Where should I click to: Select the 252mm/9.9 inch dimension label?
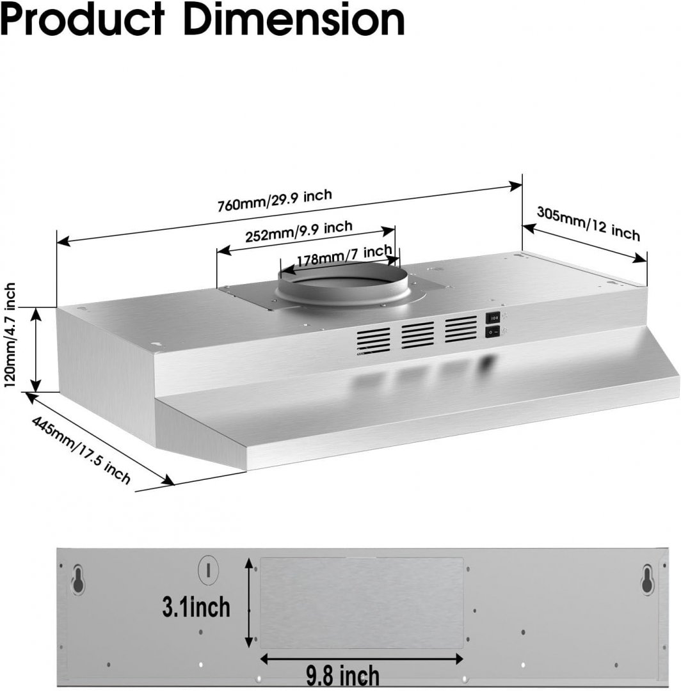pos(298,232)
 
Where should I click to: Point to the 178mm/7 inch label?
pos(344,255)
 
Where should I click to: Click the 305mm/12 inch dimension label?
pos(588,224)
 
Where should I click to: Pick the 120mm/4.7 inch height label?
pos(10,335)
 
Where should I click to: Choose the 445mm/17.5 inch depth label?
pos(81,450)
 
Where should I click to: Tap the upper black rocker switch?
pos(492,317)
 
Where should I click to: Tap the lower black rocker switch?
pos(492,331)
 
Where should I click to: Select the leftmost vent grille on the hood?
pos(373,340)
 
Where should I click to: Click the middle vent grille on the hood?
pos(417,335)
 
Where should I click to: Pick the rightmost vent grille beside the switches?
pos(461,329)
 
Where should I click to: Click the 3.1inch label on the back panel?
pos(196,607)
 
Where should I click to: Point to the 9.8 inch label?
pos(342,676)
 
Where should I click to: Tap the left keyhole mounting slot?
pos(79,578)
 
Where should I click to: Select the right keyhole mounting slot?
pos(648,578)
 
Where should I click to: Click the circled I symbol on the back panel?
pos(209,571)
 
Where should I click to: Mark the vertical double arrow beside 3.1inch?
pos(250,602)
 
